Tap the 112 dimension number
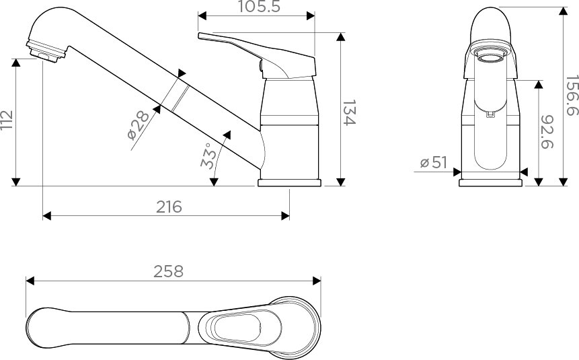7,121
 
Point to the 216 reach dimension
169,207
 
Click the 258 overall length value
169,271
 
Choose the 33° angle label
210,155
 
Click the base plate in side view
290,182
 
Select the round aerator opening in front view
490,56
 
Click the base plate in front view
492,182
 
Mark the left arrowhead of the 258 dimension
29,281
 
